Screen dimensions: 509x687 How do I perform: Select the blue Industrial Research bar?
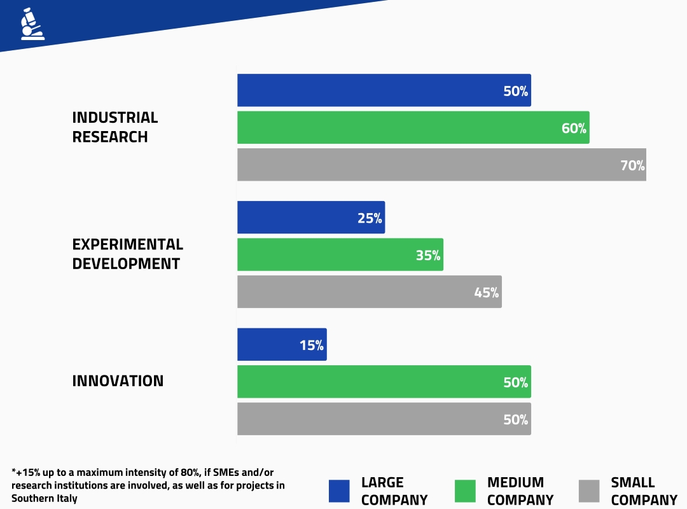click(x=384, y=90)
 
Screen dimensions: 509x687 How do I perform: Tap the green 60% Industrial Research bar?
click(x=413, y=127)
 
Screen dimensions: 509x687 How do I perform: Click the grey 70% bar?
click(x=441, y=165)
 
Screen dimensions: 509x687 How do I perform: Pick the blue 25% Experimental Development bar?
click(x=310, y=218)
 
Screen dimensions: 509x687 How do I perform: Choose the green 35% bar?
click(x=340, y=254)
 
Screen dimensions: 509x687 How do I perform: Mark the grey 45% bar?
click(x=369, y=292)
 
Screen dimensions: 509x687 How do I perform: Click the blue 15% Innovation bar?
click(x=281, y=345)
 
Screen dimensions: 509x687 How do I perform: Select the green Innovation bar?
click(x=384, y=382)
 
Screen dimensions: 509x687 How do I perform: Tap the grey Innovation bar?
click(x=384, y=419)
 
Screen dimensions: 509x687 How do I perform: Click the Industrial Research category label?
click(x=114, y=127)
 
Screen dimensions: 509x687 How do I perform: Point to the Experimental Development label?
click(x=127, y=254)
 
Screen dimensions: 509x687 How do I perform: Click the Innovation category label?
click(x=118, y=381)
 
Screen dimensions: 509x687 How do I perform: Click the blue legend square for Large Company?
click(x=339, y=491)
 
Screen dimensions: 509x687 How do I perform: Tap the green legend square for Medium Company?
click(x=465, y=491)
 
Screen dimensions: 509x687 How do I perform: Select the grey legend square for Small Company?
click(x=589, y=491)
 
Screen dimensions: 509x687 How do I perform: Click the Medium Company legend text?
click(x=520, y=491)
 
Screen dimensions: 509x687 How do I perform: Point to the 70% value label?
click(x=632, y=166)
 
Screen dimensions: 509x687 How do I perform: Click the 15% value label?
click(x=312, y=345)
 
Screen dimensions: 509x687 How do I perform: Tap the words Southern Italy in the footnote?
click(x=44, y=499)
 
